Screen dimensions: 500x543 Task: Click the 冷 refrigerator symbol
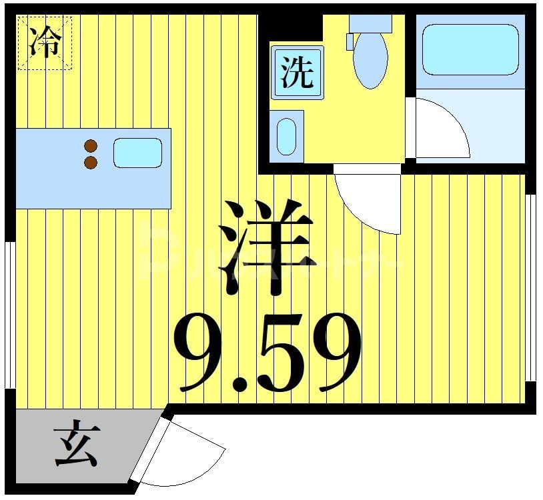tap(44, 43)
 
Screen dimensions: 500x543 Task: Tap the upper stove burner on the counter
tap(91, 146)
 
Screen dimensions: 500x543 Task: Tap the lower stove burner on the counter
tap(91, 162)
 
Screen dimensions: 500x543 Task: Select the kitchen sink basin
tap(137, 153)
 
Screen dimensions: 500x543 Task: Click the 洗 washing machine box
tap(297, 73)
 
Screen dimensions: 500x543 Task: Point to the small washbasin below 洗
tap(287, 136)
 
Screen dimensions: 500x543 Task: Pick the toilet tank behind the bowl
tap(371, 23)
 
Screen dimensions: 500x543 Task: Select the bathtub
tap(470, 50)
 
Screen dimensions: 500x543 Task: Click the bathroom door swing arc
tap(440, 127)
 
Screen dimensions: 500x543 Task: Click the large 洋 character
tap(270, 247)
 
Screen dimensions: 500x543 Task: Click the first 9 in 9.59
tap(200, 353)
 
